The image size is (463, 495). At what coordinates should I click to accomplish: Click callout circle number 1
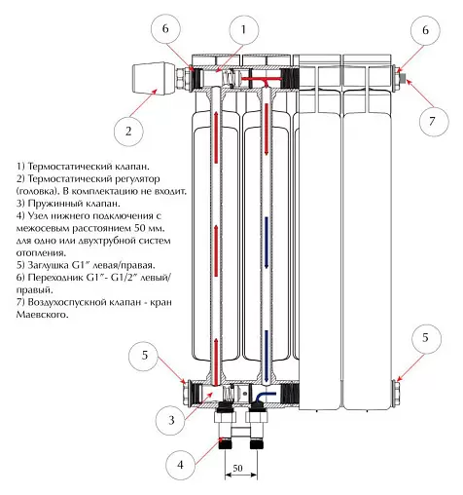tap(243, 30)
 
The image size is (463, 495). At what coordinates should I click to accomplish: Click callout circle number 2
tap(128, 132)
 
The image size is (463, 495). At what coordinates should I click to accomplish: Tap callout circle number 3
tap(171, 421)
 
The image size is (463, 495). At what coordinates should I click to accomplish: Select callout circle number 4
tap(180, 465)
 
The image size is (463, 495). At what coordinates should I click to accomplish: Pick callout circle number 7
tap(432, 122)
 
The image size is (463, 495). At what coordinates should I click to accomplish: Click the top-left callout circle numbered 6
tap(165, 29)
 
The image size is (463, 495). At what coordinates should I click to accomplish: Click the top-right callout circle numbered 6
tap(425, 30)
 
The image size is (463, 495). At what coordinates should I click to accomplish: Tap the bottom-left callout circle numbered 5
tap(144, 355)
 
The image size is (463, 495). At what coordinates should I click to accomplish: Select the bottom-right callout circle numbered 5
tap(425, 338)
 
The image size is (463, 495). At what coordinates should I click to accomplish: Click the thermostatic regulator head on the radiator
tap(154, 79)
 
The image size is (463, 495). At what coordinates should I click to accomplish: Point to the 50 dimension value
tap(237, 468)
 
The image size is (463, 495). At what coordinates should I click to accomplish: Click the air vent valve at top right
tap(402, 78)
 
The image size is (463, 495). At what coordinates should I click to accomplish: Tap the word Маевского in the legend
tap(43, 315)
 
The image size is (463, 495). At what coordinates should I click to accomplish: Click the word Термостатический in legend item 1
tap(69, 167)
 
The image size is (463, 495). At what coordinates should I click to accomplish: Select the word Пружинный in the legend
tap(54, 204)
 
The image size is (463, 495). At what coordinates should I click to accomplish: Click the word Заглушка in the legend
tap(49, 265)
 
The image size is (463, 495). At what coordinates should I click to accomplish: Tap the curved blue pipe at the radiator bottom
tap(264, 397)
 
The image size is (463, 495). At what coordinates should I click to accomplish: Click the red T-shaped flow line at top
tap(265, 81)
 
